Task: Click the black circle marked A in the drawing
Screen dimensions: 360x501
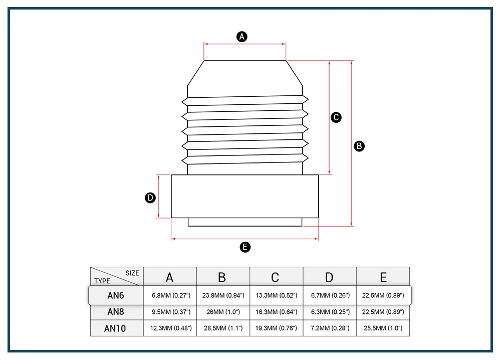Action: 242,36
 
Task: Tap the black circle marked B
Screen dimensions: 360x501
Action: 359,146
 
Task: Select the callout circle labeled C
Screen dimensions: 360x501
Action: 337,117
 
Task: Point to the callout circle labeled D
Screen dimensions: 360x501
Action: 150,198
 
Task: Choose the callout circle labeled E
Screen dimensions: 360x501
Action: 245,247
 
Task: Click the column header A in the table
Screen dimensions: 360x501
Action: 170,277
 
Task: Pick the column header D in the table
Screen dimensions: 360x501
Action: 329,277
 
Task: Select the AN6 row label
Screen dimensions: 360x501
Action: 116,295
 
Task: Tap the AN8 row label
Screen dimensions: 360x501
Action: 116,312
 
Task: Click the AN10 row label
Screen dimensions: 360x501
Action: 116,329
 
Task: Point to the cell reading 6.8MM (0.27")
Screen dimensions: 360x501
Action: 171,296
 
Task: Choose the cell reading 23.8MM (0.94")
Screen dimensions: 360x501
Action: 223,296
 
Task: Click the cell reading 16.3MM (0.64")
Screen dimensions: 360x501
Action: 276,312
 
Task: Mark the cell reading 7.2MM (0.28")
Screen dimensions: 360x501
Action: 329,329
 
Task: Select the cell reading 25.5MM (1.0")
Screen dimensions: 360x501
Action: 383,329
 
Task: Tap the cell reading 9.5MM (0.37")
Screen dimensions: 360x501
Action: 171,312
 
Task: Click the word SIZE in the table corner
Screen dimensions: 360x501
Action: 132,273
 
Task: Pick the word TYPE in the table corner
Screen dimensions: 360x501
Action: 102,281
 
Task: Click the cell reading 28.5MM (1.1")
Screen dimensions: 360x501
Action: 223,329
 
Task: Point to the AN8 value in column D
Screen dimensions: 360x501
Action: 329,312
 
